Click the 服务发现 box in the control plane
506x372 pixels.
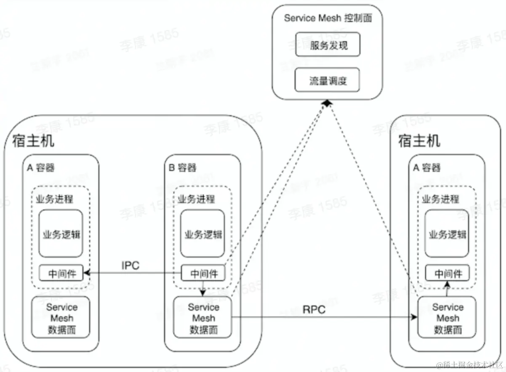pyautogui.click(x=328, y=45)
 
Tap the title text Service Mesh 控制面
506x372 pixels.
pyautogui.click(x=328, y=18)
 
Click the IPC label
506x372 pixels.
pyautogui.click(x=130, y=266)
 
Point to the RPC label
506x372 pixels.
pyautogui.click(x=314, y=310)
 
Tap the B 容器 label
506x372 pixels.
pyautogui.click(x=182, y=168)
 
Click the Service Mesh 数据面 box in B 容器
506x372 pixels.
pyautogui.click(x=203, y=318)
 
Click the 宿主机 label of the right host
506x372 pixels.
pyautogui.click(x=419, y=141)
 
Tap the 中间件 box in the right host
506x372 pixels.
pyautogui.click(x=448, y=274)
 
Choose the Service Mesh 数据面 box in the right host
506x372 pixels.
pyautogui.click(x=447, y=318)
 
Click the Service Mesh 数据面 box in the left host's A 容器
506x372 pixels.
pyautogui.click(x=62, y=318)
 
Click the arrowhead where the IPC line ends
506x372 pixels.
pyautogui.click(x=87, y=274)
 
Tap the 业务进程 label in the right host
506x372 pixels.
pyautogui.click(x=441, y=199)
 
